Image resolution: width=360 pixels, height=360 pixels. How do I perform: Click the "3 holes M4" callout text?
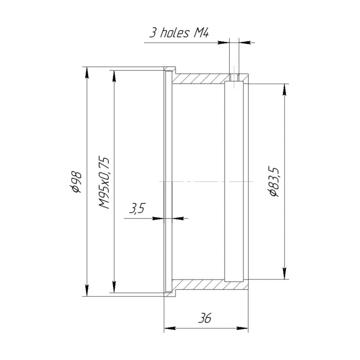[x=179, y=33]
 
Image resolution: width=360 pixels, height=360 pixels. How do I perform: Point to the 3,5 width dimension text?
[x=137, y=208]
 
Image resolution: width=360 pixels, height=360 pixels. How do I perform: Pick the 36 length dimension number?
[x=204, y=318]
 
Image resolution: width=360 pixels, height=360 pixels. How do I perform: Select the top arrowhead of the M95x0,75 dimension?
[x=114, y=76]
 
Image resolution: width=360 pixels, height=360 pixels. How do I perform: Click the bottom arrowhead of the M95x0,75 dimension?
[x=114, y=287]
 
